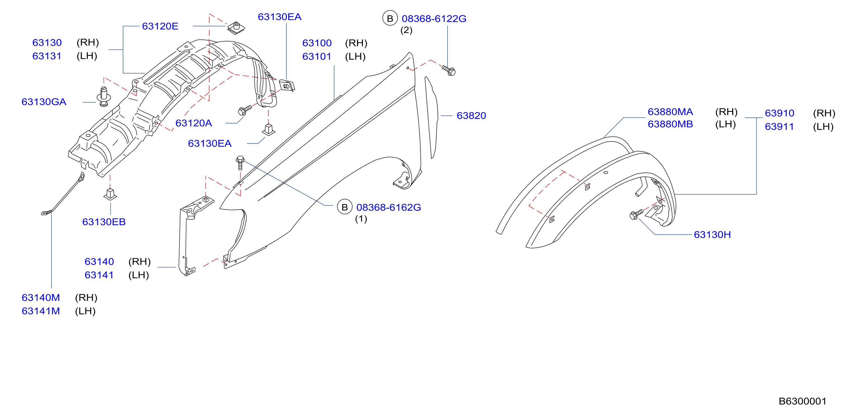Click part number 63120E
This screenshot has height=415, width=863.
click(160, 26)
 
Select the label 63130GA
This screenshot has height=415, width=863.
click(44, 102)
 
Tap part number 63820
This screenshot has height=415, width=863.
click(471, 116)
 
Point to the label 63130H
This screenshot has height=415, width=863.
click(712, 235)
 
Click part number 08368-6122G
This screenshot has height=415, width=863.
click(434, 19)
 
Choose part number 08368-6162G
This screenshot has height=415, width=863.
click(389, 207)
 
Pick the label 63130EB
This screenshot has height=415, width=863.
click(104, 222)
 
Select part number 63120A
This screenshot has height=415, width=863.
click(194, 123)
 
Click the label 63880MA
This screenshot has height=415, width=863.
click(670, 112)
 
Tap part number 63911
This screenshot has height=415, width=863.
click(779, 127)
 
